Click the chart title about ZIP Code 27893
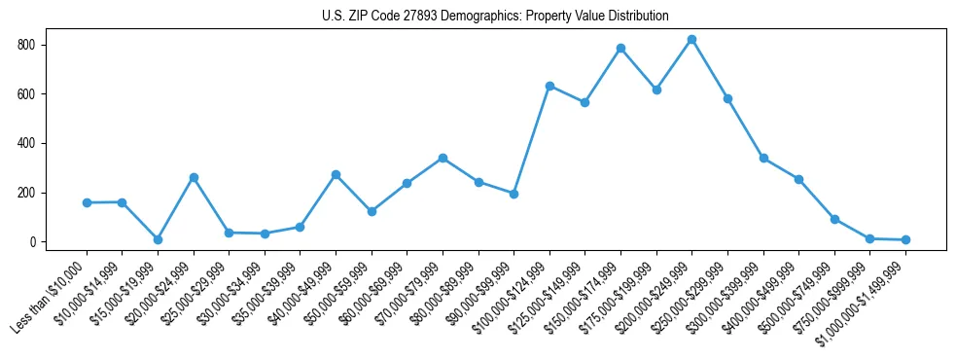[495, 17]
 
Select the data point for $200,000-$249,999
[691, 40]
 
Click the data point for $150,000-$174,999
[620, 49]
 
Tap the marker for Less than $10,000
[87, 202]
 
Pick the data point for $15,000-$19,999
[158, 239]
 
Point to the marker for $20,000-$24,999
[194, 178]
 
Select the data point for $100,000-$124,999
[549, 86]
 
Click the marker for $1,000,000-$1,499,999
[905, 239]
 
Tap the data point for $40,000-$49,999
[336, 175]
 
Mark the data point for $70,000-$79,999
[443, 158]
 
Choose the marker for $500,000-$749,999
[834, 219]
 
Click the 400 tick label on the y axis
[27, 144]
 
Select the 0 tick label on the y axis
[33, 242]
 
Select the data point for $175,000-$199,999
[656, 90]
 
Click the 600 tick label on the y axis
[27, 94]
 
